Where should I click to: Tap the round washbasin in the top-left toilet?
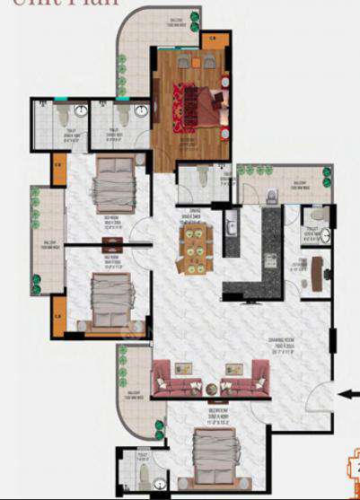point(80,112)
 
